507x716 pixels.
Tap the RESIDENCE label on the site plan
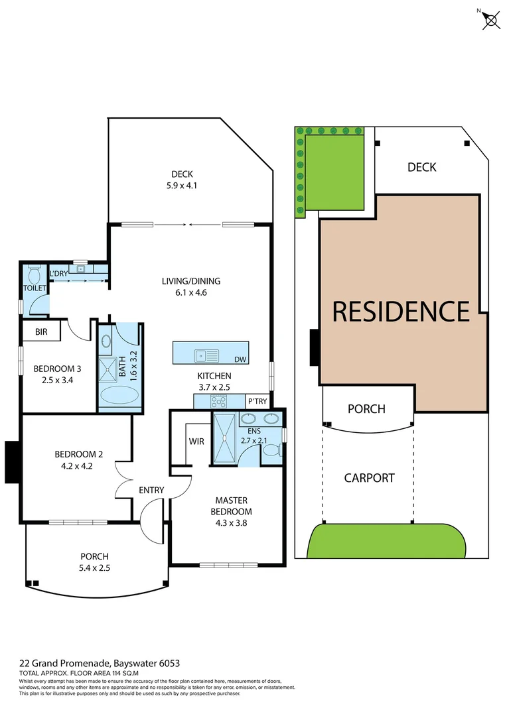coord(401,311)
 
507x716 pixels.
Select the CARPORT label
coord(370,477)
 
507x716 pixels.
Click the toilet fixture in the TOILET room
coord(35,276)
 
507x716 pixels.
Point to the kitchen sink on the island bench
coord(206,356)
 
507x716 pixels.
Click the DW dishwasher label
coord(240,359)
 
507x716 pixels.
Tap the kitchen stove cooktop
coord(218,401)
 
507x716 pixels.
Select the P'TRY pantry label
coord(256,401)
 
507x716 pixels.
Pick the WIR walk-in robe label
coord(196,441)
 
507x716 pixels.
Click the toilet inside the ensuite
coord(271,451)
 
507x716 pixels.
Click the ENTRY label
coord(151,490)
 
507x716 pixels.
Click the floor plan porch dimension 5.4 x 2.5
coord(94,567)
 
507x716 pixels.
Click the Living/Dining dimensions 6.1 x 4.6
coord(190,292)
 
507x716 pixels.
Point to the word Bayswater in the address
coord(138,663)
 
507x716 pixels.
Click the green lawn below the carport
coord(385,542)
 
